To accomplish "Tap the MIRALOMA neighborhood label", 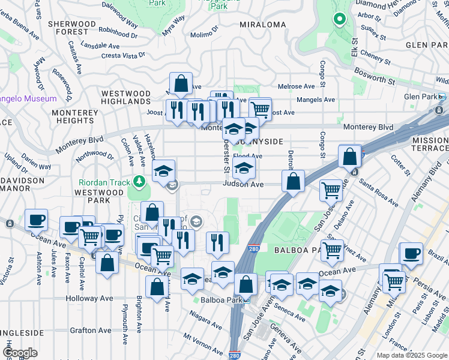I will pyautogui.click(x=262, y=25).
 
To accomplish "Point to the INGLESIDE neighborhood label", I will pyautogui.click(x=22, y=332).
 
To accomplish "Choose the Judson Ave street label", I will pyautogui.click(x=243, y=185).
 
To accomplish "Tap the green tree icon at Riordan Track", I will pyautogui.click(x=139, y=180).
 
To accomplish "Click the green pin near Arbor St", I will pyautogui.click(x=340, y=19).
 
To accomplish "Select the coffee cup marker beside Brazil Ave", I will pyautogui.click(x=411, y=252).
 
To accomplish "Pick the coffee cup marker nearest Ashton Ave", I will pyautogui.click(x=36, y=219).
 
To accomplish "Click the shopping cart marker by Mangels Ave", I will pyautogui.click(x=259, y=109).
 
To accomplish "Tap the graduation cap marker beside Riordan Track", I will pyautogui.click(x=163, y=171).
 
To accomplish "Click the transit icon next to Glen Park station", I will pyautogui.click(x=441, y=97).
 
